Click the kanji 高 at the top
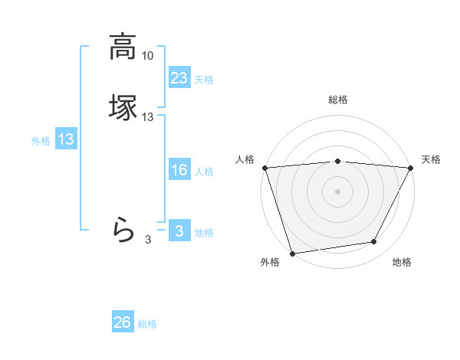pyautogui.click(x=123, y=47)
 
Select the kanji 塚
pyautogui.click(x=123, y=107)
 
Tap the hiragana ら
pyautogui.click(x=123, y=229)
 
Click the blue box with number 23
pyautogui.click(x=179, y=78)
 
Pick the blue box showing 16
pyautogui.click(x=179, y=170)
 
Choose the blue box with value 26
pyautogui.click(x=122, y=322)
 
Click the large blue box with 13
pyautogui.click(x=66, y=139)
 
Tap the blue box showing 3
pyautogui.click(x=179, y=231)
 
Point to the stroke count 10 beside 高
pyautogui.click(x=148, y=56)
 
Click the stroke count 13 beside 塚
pyautogui.click(x=148, y=117)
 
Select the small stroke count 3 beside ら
pyautogui.click(x=148, y=240)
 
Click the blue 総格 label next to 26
pyautogui.click(x=147, y=324)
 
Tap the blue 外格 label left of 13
pyautogui.click(x=41, y=141)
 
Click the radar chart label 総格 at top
pyautogui.click(x=337, y=100)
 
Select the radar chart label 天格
pyautogui.click(x=431, y=159)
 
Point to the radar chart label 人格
pyautogui.click(x=245, y=159)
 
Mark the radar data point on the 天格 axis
pyautogui.click(x=410, y=168)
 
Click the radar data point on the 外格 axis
pyautogui.click(x=292, y=252)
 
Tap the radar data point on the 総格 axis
pyautogui.click(x=337, y=161)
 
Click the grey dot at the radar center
pyautogui.click(x=337, y=191)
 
